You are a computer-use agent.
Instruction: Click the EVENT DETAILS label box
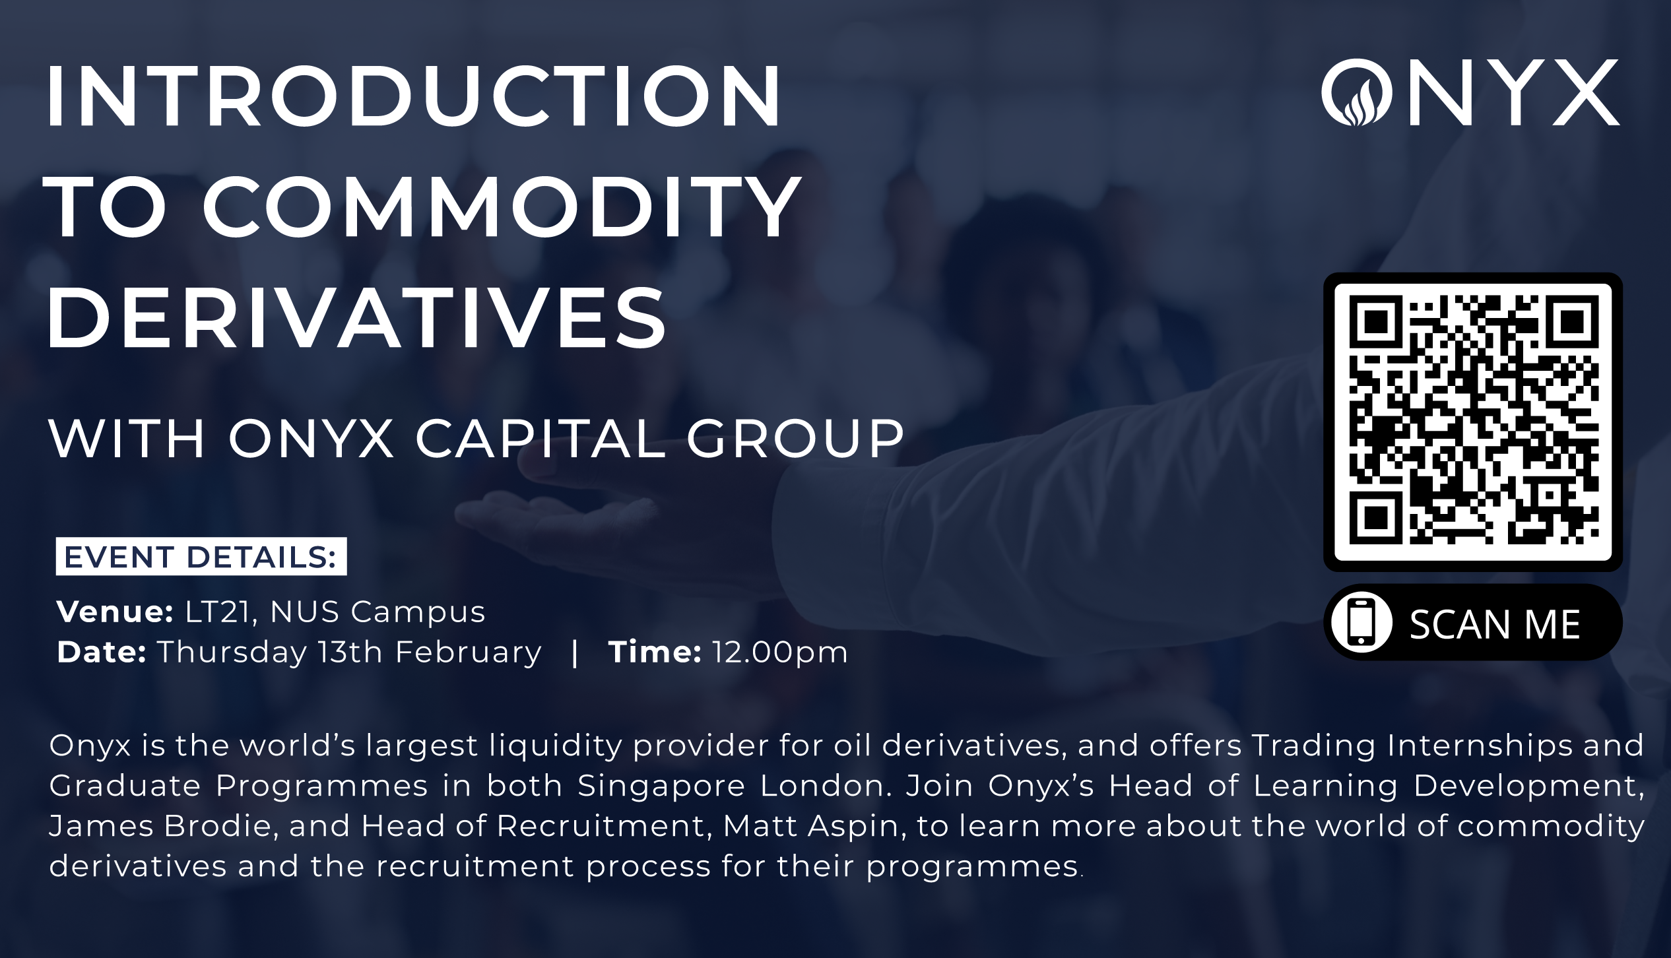pos(201,557)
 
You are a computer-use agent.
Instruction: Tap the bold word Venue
pos(115,612)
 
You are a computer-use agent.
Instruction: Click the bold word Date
pos(101,652)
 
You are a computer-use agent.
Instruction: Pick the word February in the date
pos(468,652)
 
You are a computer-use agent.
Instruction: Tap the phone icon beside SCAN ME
pos(1361,622)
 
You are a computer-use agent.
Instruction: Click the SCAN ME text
pos(1495,623)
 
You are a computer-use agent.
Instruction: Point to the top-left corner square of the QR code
pos(1376,321)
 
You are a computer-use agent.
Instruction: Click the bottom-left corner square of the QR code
pos(1376,516)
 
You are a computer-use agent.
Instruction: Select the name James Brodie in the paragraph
pos(160,826)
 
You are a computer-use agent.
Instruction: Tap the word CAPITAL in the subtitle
pos(541,439)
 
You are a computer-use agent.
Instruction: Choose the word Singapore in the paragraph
pos(661,785)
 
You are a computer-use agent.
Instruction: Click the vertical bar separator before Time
pos(575,652)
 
